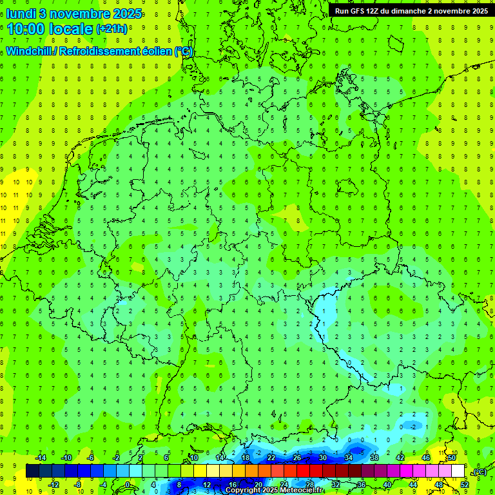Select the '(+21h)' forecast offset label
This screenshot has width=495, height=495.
click(x=112, y=29)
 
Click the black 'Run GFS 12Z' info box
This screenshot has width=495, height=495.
click(x=411, y=10)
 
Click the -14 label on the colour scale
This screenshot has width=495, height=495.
click(x=41, y=458)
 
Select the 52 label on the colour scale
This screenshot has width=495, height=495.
click(x=464, y=485)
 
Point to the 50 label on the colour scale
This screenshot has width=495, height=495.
click(x=452, y=458)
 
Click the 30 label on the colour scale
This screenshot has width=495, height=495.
click(x=322, y=458)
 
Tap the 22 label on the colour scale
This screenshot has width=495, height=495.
click(x=271, y=458)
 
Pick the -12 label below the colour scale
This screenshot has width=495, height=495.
click(x=53, y=485)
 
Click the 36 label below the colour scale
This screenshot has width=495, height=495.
click(x=361, y=485)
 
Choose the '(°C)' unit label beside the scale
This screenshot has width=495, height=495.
click(x=480, y=472)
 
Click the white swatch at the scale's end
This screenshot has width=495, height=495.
click(x=458, y=471)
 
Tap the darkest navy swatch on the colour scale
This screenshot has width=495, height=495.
click(x=32, y=471)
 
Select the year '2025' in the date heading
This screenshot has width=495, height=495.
click(x=126, y=14)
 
